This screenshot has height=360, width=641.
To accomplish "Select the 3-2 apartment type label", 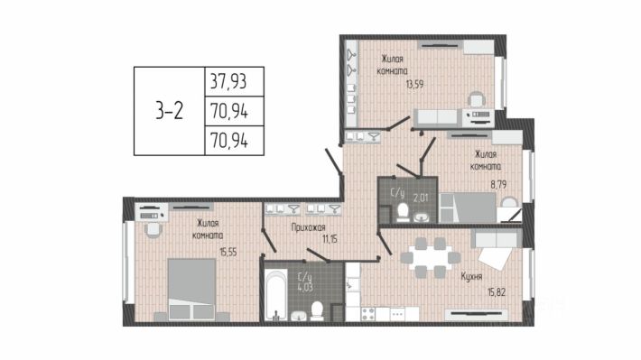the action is (x=169, y=111).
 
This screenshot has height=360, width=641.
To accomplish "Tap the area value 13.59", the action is (x=414, y=84).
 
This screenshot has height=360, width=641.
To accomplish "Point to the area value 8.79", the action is (x=498, y=184).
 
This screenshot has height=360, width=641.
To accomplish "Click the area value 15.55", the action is (x=228, y=252).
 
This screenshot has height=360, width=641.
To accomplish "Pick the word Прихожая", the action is (x=308, y=227).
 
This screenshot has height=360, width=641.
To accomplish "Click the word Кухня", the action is (x=471, y=277).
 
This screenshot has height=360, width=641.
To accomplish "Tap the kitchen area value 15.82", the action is (x=497, y=292).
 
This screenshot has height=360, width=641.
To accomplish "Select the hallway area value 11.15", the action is (x=330, y=239).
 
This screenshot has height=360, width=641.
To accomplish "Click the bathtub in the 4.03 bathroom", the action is (x=276, y=294).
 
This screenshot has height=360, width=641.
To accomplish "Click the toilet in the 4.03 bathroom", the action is (x=317, y=311).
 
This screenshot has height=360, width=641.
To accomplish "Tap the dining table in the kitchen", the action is (x=431, y=258).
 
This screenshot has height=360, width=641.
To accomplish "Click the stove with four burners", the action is (x=368, y=314).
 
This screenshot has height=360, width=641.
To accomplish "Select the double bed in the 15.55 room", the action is (x=191, y=289).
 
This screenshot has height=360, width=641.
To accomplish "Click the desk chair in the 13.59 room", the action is (x=477, y=100).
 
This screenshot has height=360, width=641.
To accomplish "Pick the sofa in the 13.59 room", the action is (x=436, y=117).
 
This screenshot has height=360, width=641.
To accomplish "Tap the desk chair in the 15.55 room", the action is (x=153, y=229).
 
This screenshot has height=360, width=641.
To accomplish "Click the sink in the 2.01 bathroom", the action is (x=421, y=217).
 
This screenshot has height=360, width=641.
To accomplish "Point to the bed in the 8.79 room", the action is (x=468, y=208).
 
